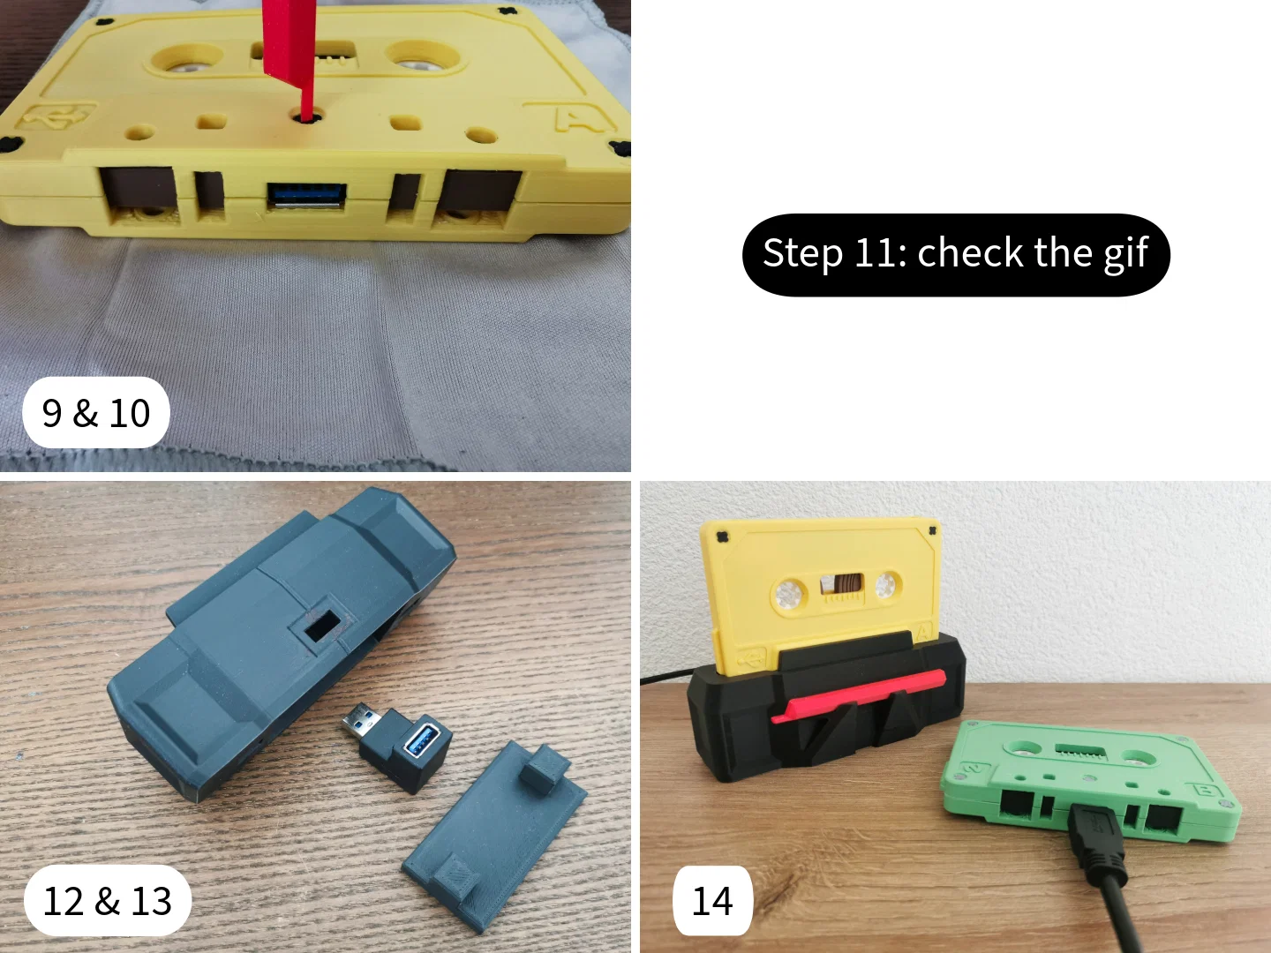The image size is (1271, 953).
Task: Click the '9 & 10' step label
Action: pos(96,413)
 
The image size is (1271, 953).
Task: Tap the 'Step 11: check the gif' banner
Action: pos(956,255)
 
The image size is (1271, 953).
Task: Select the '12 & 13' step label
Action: pos(108,901)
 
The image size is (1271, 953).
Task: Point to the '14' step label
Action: pos(713,901)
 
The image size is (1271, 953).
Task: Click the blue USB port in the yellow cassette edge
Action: pos(307,194)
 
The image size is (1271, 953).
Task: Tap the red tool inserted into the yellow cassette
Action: pos(290,58)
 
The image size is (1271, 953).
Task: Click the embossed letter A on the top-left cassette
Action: pos(576,117)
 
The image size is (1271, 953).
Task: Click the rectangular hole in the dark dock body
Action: pos(322,627)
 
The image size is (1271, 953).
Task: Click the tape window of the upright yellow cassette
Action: pos(841,584)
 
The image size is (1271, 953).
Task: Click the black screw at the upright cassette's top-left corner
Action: pos(721,537)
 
